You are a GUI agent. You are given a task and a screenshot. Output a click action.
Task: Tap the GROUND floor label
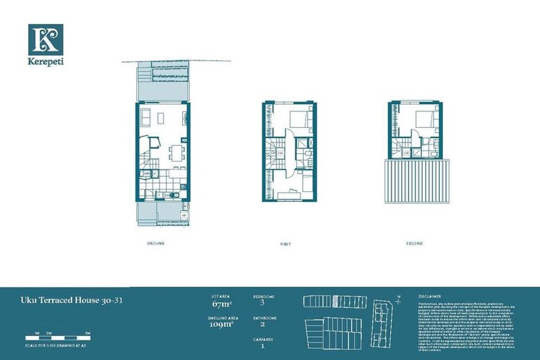[x=156, y=243]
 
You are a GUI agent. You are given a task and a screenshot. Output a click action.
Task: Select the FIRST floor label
[x=285, y=244]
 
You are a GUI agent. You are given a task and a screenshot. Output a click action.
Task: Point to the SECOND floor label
[x=414, y=243]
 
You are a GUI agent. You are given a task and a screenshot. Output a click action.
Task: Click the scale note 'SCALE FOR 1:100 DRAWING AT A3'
[x=56, y=345]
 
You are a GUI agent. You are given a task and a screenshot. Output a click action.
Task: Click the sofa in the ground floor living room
[x=146, y=116]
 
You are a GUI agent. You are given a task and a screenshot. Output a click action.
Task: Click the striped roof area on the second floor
[x=416, y=181]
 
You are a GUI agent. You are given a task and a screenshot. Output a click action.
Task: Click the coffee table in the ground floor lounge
[x=160, y=116]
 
